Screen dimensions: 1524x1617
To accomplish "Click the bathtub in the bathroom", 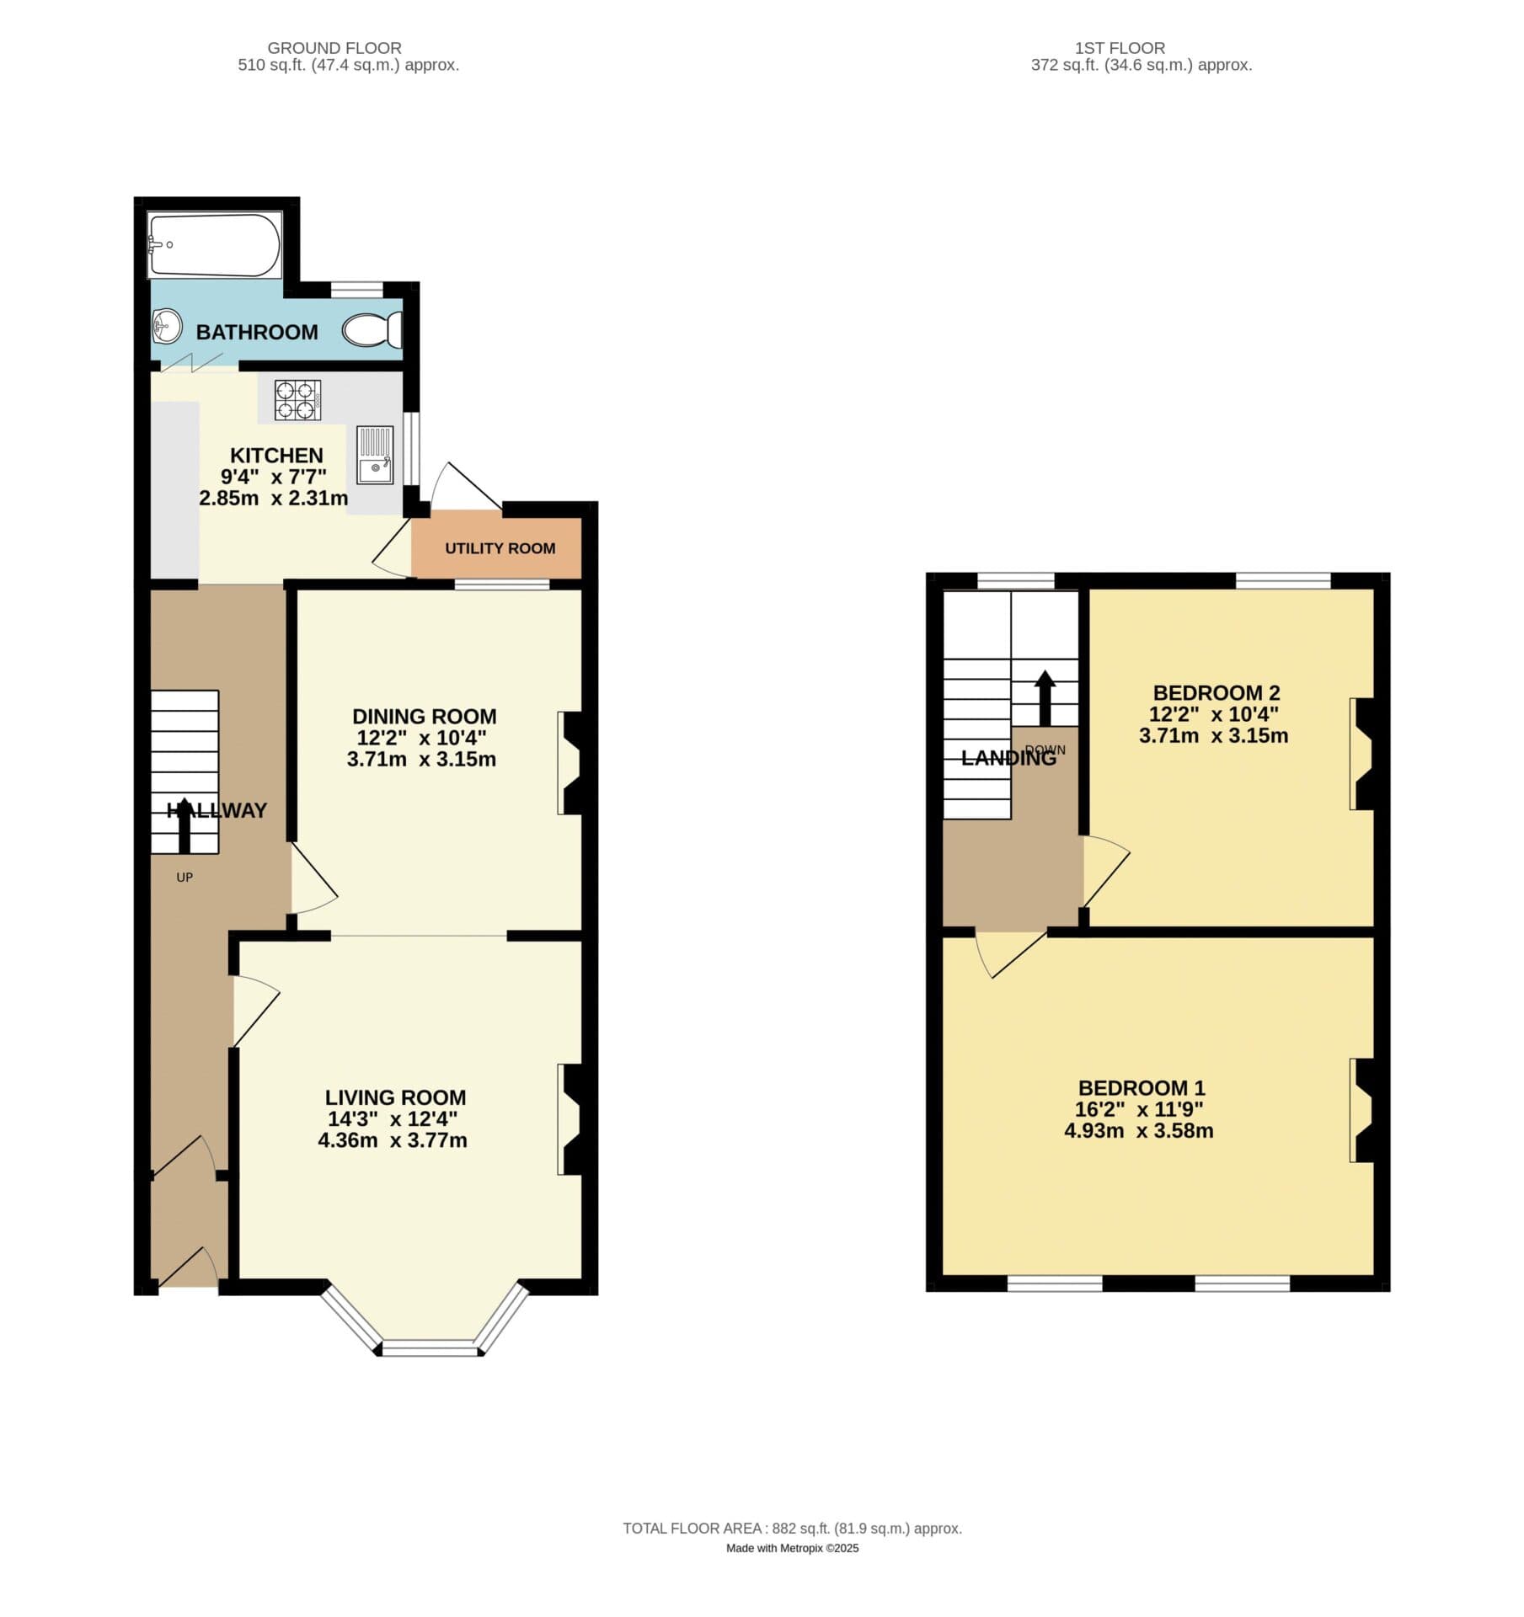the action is [x=214, y=245].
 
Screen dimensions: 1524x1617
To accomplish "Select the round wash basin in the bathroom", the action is [x=167, y=326].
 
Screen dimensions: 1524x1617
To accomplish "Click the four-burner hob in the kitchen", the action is [x=297, y=400].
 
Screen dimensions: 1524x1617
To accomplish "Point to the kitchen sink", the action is [x=375, y=455].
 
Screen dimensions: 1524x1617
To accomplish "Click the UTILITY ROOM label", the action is [x=500, y=548].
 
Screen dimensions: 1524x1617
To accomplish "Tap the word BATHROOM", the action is [x=257, y=332].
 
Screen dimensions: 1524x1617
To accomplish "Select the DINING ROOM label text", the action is [x=424, y=716].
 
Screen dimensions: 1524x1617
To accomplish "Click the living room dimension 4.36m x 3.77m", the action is [x=393, y=1140].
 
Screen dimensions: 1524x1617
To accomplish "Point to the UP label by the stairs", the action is [x=184, y=878].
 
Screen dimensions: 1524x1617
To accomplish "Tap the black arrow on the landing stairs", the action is [x=1045, y=698].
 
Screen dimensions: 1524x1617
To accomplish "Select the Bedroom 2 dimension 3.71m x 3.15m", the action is [x=1213, y=735].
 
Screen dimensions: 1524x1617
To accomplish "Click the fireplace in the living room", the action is [x=570, y=1119].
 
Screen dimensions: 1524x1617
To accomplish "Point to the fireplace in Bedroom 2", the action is [x=1362, y=754].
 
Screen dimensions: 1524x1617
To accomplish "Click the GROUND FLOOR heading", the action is [x=334, y=48].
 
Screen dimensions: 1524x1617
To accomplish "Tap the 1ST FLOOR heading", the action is [x=1120, y=48].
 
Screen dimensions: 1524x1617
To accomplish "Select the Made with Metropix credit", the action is [x=792, y=1548].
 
